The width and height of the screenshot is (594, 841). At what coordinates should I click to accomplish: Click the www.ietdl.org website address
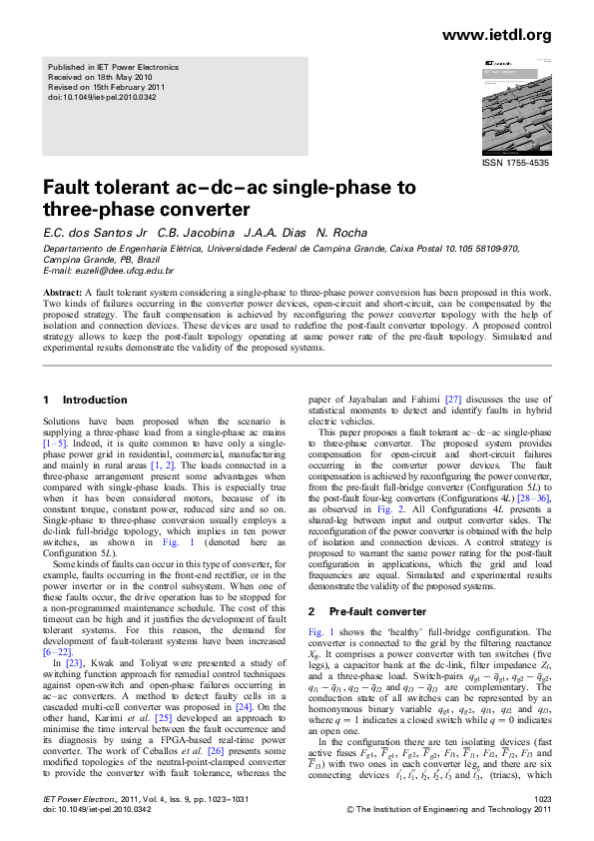(495, 36)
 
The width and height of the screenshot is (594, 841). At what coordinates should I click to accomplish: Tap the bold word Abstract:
(62, 293)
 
